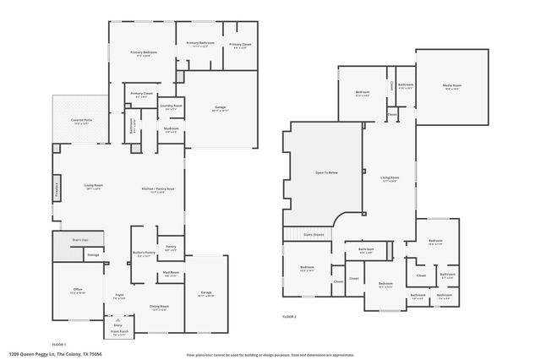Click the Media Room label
point(451,85)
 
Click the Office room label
point(78,290)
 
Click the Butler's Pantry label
point(145,253)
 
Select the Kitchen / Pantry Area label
point(159,188)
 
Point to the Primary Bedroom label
point(142,52)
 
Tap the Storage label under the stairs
point(93,254)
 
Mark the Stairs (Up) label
point(81,240)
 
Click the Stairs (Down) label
point(314,235)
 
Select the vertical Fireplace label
point(57,187)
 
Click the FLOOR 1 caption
point(59,344)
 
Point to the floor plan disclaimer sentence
point(270,355)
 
